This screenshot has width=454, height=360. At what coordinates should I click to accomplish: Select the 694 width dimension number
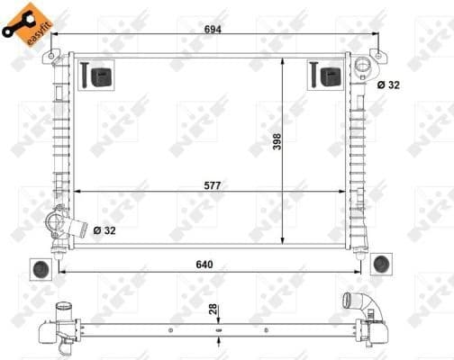tap(213, 29)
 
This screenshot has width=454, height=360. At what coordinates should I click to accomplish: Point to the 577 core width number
tap(213, 184)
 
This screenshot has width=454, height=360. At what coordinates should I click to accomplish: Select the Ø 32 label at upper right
tap(388, 85)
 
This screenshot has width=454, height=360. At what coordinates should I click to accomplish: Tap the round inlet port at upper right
tap(364, 67)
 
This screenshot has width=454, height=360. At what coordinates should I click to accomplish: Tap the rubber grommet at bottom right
tap(381, 262)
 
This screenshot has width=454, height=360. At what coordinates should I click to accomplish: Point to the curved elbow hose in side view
tap(350, 304)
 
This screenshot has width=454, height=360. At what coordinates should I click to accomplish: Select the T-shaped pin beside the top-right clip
tap(315, 75)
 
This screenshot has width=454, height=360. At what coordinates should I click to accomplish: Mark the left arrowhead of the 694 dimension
tap(55, 38)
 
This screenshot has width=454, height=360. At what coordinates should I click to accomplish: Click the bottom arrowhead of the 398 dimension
tap(284, 242)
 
